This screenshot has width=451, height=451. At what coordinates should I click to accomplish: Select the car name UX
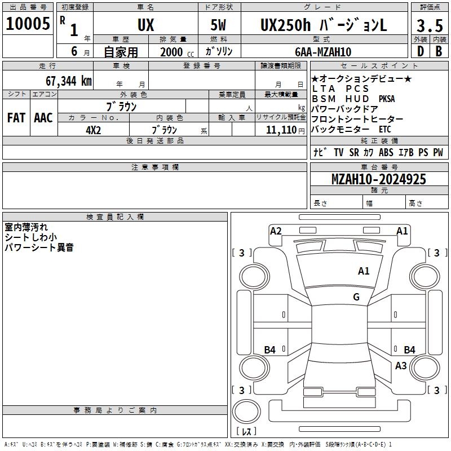(x=145, y=25)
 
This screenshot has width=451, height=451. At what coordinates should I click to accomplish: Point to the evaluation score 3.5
(x=429, y=26)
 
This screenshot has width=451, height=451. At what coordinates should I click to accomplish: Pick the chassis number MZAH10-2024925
(x=378, y=179)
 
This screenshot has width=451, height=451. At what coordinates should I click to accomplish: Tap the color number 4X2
(x=92, y=130)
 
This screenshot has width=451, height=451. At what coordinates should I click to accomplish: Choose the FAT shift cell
(x=16, y=118)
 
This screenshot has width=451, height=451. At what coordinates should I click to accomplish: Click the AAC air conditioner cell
(x=43, y=118)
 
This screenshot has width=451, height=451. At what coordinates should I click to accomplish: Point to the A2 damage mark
(x=276, y=231)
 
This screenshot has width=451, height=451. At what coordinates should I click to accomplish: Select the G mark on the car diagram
(x=356, y=297)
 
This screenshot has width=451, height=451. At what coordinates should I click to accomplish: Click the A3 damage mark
(x=401, y=366)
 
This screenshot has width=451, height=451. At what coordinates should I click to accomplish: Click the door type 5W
(x=219, y=25)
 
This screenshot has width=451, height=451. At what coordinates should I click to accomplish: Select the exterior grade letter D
(x=420, y=52)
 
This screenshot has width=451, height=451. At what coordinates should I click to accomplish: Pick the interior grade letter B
(x=439, y=52)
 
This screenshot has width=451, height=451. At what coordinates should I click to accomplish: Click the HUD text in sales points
(x=357, y=99)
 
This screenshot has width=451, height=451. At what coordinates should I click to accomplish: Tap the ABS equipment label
(x=386, y=152)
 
